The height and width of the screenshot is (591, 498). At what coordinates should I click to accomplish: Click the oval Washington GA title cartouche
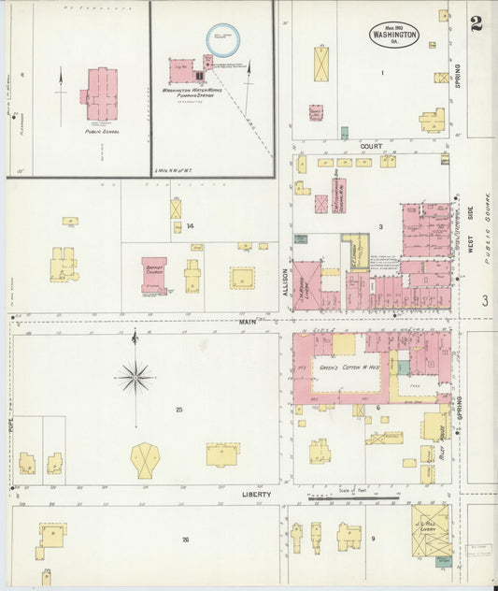[x=393, y=35]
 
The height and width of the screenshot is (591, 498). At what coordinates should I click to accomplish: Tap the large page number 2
[x=477, y=23]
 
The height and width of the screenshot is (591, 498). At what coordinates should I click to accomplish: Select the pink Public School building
[x=100, y=93]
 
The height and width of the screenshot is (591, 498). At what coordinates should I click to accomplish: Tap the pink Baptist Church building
[x=154, y=276]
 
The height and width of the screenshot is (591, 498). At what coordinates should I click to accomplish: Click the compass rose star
[x=135, y=378]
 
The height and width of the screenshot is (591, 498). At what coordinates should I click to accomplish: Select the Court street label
[x=371, y=147]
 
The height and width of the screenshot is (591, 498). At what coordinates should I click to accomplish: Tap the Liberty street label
[x=256, y=494]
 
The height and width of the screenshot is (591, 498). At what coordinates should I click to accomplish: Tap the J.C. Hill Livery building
[x=431, y=529]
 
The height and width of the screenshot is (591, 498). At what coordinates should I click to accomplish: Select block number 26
[x=185, y=540]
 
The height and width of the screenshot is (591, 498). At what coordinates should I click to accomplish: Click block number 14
[x=190, y=225]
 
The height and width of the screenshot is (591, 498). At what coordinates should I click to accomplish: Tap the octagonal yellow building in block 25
[x=145, y=460]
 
